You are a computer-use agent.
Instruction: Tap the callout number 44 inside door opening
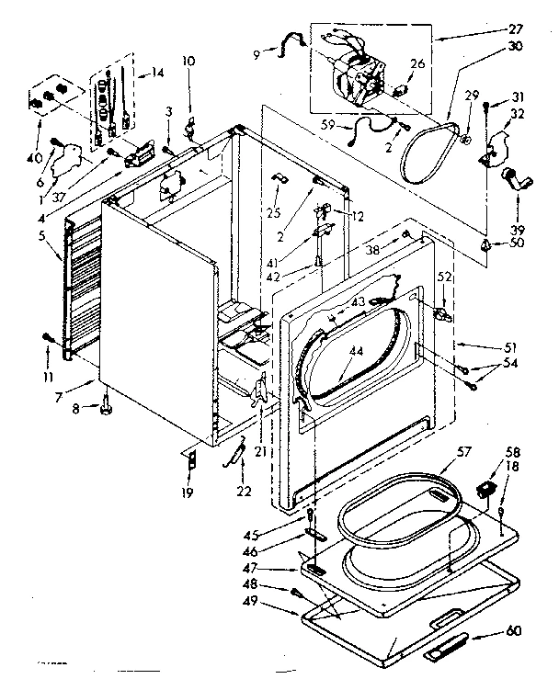[x=355, y=351]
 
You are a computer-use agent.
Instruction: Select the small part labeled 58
[x=488, y=487]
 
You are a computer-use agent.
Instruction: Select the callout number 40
[x=35, y=132]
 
